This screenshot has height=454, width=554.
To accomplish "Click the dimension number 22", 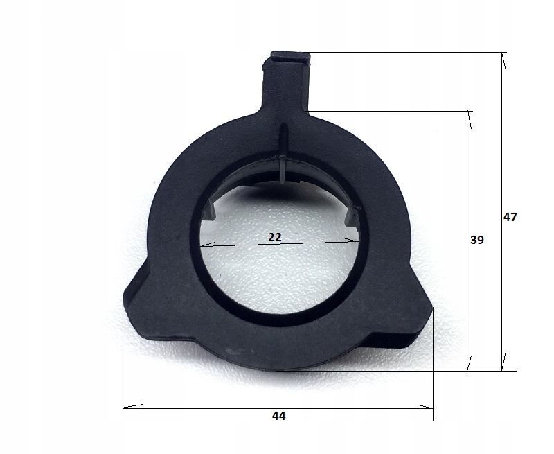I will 274,237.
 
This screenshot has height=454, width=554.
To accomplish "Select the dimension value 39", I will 476,240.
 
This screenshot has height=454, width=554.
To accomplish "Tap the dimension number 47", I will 510,217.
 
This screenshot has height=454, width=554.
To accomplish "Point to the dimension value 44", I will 278,417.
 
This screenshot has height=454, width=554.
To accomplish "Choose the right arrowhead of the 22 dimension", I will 352,240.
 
